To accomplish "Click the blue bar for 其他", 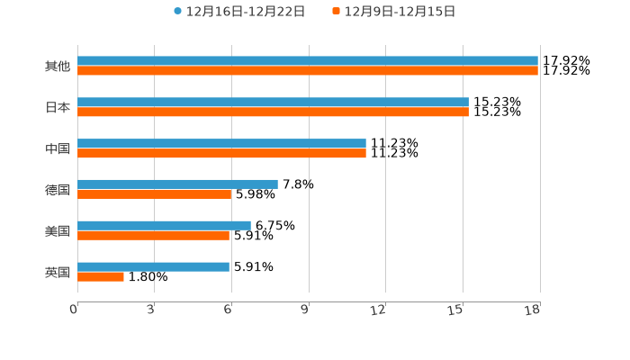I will pos(308,61).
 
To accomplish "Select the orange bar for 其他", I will pos(308,71).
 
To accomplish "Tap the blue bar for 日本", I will pos(273,103).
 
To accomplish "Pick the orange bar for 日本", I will pos(273,112).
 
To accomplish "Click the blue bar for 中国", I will pos(221,143).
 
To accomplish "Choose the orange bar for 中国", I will pos(221,154).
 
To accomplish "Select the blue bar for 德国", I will pos(177,184).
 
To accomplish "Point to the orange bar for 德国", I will pos(155,194).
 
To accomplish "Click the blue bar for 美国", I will pos(164,225).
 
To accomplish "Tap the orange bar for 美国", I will pos(153,236).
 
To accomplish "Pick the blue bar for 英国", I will pos(153,266).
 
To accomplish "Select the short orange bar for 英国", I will pos(101,276).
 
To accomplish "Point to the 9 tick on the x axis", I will pos(306,310).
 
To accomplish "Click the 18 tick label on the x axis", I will pos(534,310).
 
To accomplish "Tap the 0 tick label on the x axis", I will pos(74,310).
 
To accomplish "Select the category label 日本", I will pos(58,107).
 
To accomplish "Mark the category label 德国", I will pos(58,190).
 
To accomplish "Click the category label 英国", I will pos(58,272).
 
